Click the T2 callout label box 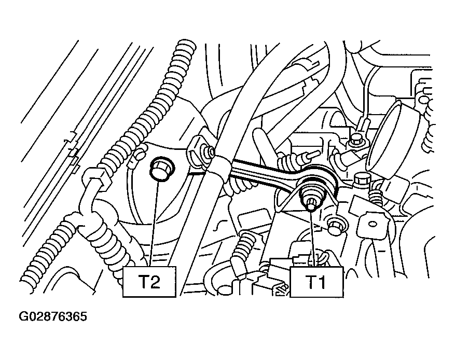pos(149,282)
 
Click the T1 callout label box pos(316,282)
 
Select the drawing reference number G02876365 pos(53,316)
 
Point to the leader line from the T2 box pos(155,224)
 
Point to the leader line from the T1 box pos(312,238)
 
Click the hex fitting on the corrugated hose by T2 pos(96,178)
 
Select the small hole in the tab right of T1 pos(371,224)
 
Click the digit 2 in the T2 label pos(155,282)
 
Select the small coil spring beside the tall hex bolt pos(376,197)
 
